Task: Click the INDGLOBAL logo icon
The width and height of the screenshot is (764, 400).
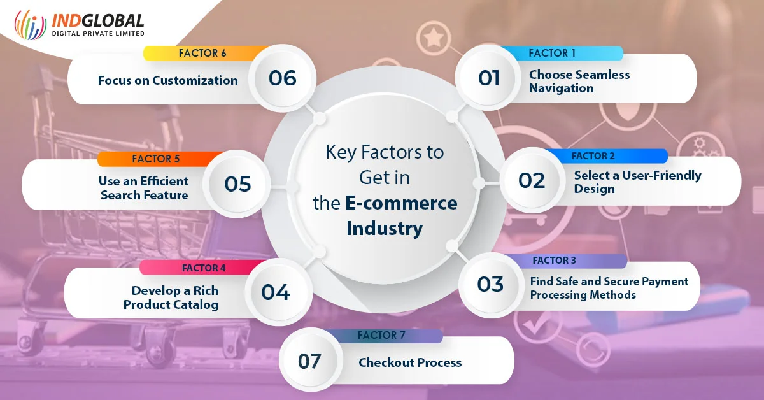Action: click(31, 24)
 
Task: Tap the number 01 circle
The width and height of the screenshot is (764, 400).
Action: click(488, 78)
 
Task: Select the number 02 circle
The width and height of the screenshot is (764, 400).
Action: click(532, 180)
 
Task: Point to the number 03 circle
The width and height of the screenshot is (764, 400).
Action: click(491, 285)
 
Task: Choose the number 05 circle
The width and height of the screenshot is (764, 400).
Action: click(237, 184)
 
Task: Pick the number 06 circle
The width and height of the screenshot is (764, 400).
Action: click(282, 78)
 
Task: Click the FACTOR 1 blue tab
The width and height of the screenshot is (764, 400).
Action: click(562, 54)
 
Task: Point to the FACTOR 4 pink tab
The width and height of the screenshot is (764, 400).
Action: click(204, 268)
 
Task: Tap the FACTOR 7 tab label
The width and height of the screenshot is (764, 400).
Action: click(381, 336)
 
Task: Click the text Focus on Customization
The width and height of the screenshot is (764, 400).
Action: click(168, 80)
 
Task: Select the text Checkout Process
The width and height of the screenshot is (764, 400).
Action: click(410, 362)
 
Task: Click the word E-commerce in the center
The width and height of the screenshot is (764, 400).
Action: click(402, 203)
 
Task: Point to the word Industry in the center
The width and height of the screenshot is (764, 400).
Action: click(385, 229)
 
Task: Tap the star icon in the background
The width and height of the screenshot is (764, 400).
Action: click(434, 37)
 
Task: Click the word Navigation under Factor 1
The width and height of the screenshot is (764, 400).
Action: click(562, 89)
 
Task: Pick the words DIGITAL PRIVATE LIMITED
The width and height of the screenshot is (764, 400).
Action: click(98, 34)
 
